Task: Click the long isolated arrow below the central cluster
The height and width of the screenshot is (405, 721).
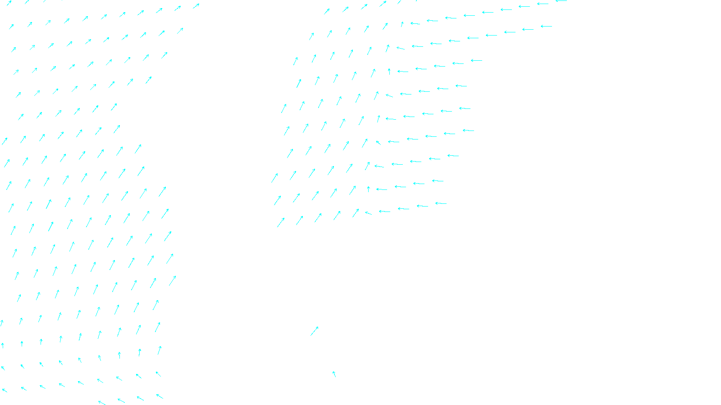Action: tap(314, 331)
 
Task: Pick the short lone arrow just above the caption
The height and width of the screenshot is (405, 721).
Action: tap(334, 374)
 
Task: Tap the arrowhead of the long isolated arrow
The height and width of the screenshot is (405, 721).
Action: tap(318, 327)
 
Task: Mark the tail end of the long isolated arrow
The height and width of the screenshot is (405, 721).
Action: tap(310, 335)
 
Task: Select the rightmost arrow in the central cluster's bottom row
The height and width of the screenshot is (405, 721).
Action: tap(441, 203)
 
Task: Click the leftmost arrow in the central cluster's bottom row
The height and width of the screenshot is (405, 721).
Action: tap(281, 222)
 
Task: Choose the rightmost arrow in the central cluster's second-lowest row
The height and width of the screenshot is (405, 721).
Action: tap(438, 181)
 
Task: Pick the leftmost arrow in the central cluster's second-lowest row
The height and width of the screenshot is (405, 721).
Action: tap(277, 200)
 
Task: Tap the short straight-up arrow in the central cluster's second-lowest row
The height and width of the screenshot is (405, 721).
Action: tap(368, 189)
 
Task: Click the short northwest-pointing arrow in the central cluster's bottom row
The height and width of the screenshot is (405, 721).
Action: tap(368, 213)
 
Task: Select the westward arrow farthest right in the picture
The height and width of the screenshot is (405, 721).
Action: tap(561, 1)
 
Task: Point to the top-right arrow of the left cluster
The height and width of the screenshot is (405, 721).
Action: tap(196, 6)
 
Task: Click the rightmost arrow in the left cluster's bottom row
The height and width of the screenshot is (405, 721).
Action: tap(160, 396)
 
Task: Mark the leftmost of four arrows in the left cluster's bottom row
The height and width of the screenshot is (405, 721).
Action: tap(102, 403)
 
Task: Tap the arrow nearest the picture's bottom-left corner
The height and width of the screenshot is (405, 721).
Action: tap(5, 390)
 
